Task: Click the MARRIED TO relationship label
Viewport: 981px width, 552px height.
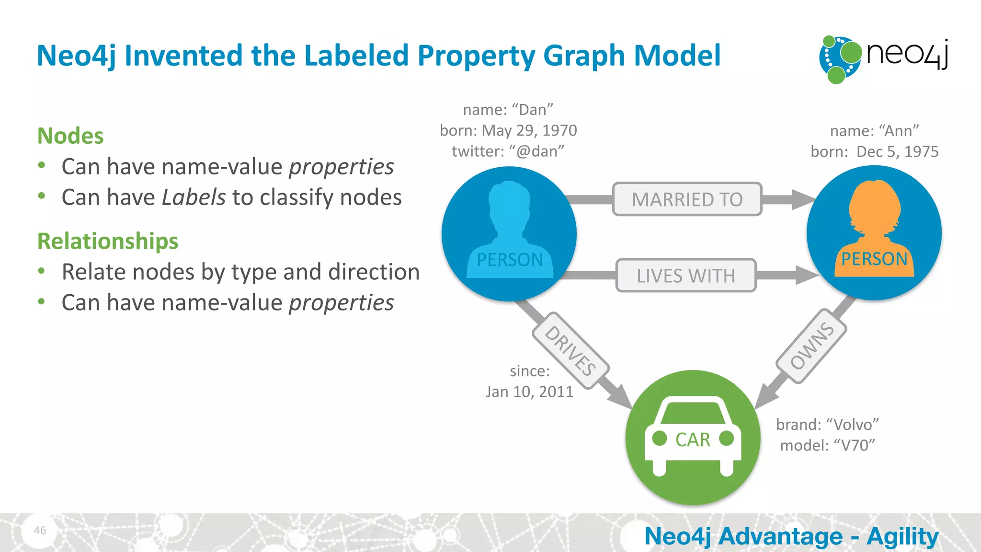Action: [x=687, y=199]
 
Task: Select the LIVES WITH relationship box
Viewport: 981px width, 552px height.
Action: [x=686, y=276]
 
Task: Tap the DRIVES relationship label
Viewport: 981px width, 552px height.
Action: [x=570, y=350]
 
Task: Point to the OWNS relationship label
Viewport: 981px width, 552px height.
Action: [x=811, y=345]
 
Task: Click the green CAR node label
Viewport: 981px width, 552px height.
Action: [x=693, y=439]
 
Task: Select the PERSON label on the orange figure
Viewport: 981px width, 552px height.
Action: [x=874, y=259]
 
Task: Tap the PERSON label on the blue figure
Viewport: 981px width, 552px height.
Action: [x=510, y=260]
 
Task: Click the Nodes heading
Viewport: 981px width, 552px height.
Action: [x=70, y=136]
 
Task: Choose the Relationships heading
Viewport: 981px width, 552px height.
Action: [x=108, y=241]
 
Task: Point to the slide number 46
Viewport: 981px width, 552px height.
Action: [x=40, y=530]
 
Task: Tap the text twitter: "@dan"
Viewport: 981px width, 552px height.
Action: [x=508, y=151]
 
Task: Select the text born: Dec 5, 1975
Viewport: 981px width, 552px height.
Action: [x=874, y=151]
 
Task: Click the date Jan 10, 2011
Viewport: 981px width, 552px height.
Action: [x=529, y=391]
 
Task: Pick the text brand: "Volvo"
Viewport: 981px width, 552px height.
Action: [x=827, y=425]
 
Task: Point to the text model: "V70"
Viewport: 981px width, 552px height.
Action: [x=827, y=446]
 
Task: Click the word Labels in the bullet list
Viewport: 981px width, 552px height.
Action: [x=194, y=197]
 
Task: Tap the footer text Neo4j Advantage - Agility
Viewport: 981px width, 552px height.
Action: [x=791, y=536]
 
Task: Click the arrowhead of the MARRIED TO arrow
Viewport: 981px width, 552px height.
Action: [x=802, y=199]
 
